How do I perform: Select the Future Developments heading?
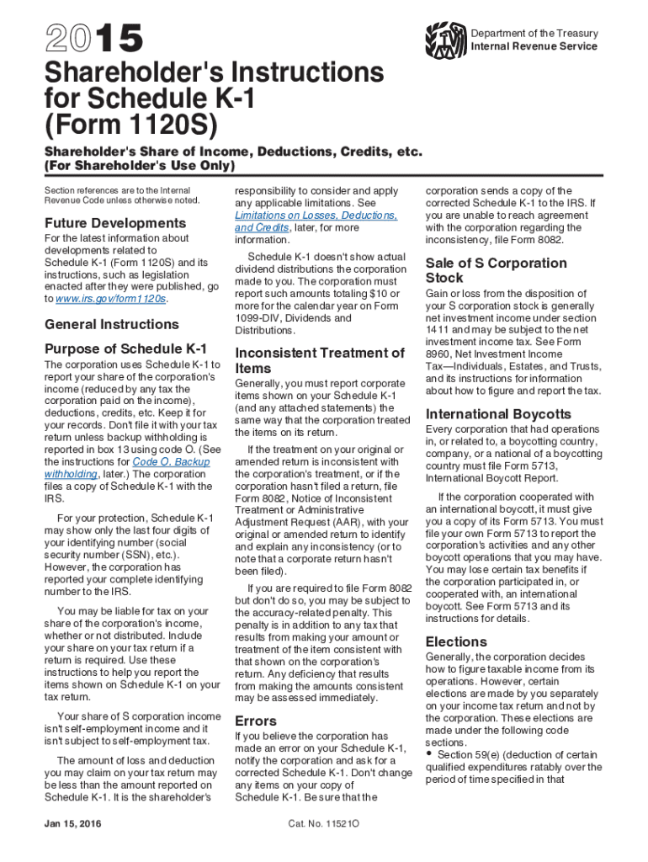tap(114, 223)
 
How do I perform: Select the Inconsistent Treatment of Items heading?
tap(320, 360)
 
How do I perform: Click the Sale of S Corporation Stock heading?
tap(496, 270)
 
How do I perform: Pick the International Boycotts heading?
tap(498, 414)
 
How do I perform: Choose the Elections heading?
tap(456, 641)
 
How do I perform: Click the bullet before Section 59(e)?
tap(430, 753)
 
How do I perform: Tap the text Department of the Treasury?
tap(534, 34)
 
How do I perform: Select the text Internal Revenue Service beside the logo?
tap(534, 46)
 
